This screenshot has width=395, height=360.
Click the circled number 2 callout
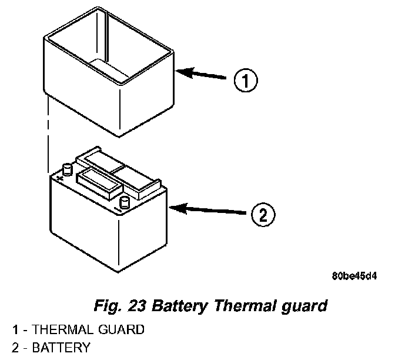tap(262, 214)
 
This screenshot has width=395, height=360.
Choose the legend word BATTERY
tap(61, 348)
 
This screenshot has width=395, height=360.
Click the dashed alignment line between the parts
tap(47, 135)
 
